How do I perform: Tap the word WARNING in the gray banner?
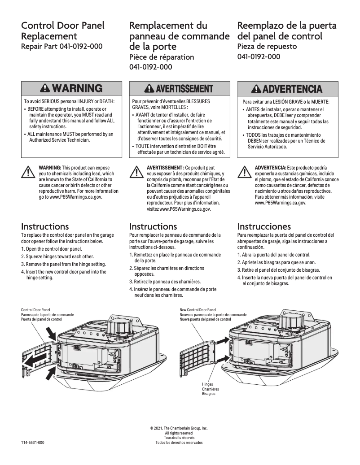pyautogui.click(x=77, y=88)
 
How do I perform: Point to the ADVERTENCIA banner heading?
pyautogui.click(x=292, y=89)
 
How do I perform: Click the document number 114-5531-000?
pyautogui.click(x=33, y=443)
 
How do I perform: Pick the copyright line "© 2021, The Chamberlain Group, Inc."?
pyautogui.click(x=179, y=428)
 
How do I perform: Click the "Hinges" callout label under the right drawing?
pyautogui.click(x=207, y=385)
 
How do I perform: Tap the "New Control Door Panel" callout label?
pyautogui.click(x=198, y=310)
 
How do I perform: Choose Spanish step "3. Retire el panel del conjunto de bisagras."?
pyautogui.click(x=278, y=270)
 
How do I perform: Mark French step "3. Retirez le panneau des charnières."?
pyautogui.click(x=165, y=282)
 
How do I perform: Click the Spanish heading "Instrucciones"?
pyautogui.click(x=264, y=226)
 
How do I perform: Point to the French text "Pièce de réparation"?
pyautogui.click(x=162, y=57)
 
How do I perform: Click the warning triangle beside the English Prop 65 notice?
pyautogui.click(x=28, y=171)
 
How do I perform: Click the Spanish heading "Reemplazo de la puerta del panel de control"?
pyautogui.click(x=286, y=30)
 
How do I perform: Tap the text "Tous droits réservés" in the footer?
pyautogui.click(x=179, y=438)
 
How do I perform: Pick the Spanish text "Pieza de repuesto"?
pyautogui.click(x=267, y=46)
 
